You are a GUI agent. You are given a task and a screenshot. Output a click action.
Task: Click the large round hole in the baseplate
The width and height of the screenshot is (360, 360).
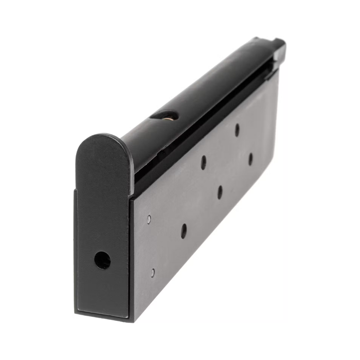pyautogui.click(x=102, y=260)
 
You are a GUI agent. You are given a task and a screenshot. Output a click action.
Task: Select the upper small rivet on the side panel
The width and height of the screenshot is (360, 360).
pyautogui.click(x=149, y=219)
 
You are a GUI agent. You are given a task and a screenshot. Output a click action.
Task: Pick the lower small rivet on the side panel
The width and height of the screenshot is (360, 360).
pyautogui.click(x=152, y=272)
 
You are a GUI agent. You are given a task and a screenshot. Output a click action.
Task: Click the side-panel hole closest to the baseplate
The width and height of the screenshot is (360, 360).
pyautogui.click(x=184, y=231)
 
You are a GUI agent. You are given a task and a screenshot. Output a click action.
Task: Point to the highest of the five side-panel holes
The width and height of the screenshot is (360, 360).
pyautogui.click(x=237, y=130)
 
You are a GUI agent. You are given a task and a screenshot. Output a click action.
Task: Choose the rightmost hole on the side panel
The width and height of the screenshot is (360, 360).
pyautogui.click(x=250, y=159)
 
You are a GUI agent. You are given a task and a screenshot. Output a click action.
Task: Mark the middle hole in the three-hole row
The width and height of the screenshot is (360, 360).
pyautogui.click(x=220, y=192)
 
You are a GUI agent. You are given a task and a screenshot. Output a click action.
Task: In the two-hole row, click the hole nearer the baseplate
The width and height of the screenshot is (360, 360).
pyautogui.click(x=204, y=163)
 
